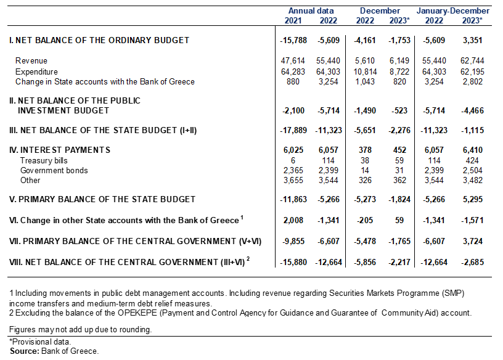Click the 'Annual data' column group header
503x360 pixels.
point(311,11)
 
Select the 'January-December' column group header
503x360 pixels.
point(453,11)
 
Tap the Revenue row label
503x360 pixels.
point(31,60)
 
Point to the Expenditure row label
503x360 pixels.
point(36,72)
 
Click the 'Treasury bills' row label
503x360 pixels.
point(44,160)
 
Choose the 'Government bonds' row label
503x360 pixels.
point(54,170)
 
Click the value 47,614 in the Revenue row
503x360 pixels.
point(293,60)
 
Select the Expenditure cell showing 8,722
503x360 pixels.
point(399,72)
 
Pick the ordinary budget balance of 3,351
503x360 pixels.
point(473,41)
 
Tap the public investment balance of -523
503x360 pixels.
point(399,111)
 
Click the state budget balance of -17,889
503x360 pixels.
point(293,130)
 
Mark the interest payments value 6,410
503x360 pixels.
point(473,150)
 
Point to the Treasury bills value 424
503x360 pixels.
point(473,160)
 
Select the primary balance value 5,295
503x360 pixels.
point(473,199)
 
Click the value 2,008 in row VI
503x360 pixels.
point(293,221)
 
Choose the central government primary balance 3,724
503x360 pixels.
point(473,241)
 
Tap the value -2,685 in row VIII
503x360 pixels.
point(473,262)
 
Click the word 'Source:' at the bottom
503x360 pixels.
point(25,351)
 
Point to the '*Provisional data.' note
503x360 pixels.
point(40,342)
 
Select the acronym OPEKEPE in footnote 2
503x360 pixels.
point(138,313)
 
